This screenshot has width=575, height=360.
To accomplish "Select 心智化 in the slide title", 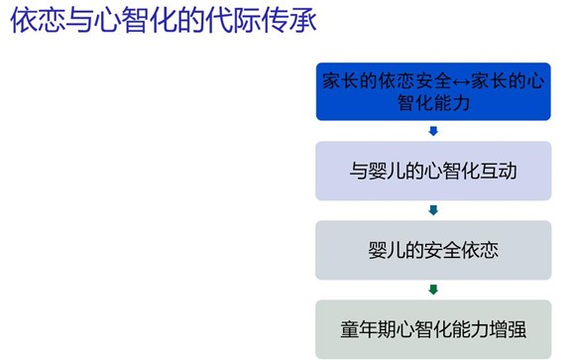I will click(125, 23).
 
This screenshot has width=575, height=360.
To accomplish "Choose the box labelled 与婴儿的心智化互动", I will click(433, 171).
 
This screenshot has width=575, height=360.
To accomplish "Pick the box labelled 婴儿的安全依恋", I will click(433, 249).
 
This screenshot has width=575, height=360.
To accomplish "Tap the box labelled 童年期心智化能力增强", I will click(433, 328).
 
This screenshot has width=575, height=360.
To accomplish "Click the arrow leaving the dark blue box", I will click(433, 131).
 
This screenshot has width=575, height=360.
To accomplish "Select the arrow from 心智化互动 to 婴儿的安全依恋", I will click(433, 210).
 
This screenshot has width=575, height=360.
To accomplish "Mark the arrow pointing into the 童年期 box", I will click(433, 290).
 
